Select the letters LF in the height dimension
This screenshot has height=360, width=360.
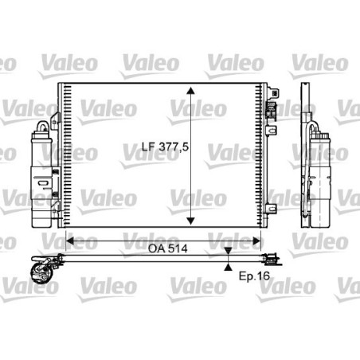tap(136, 147)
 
